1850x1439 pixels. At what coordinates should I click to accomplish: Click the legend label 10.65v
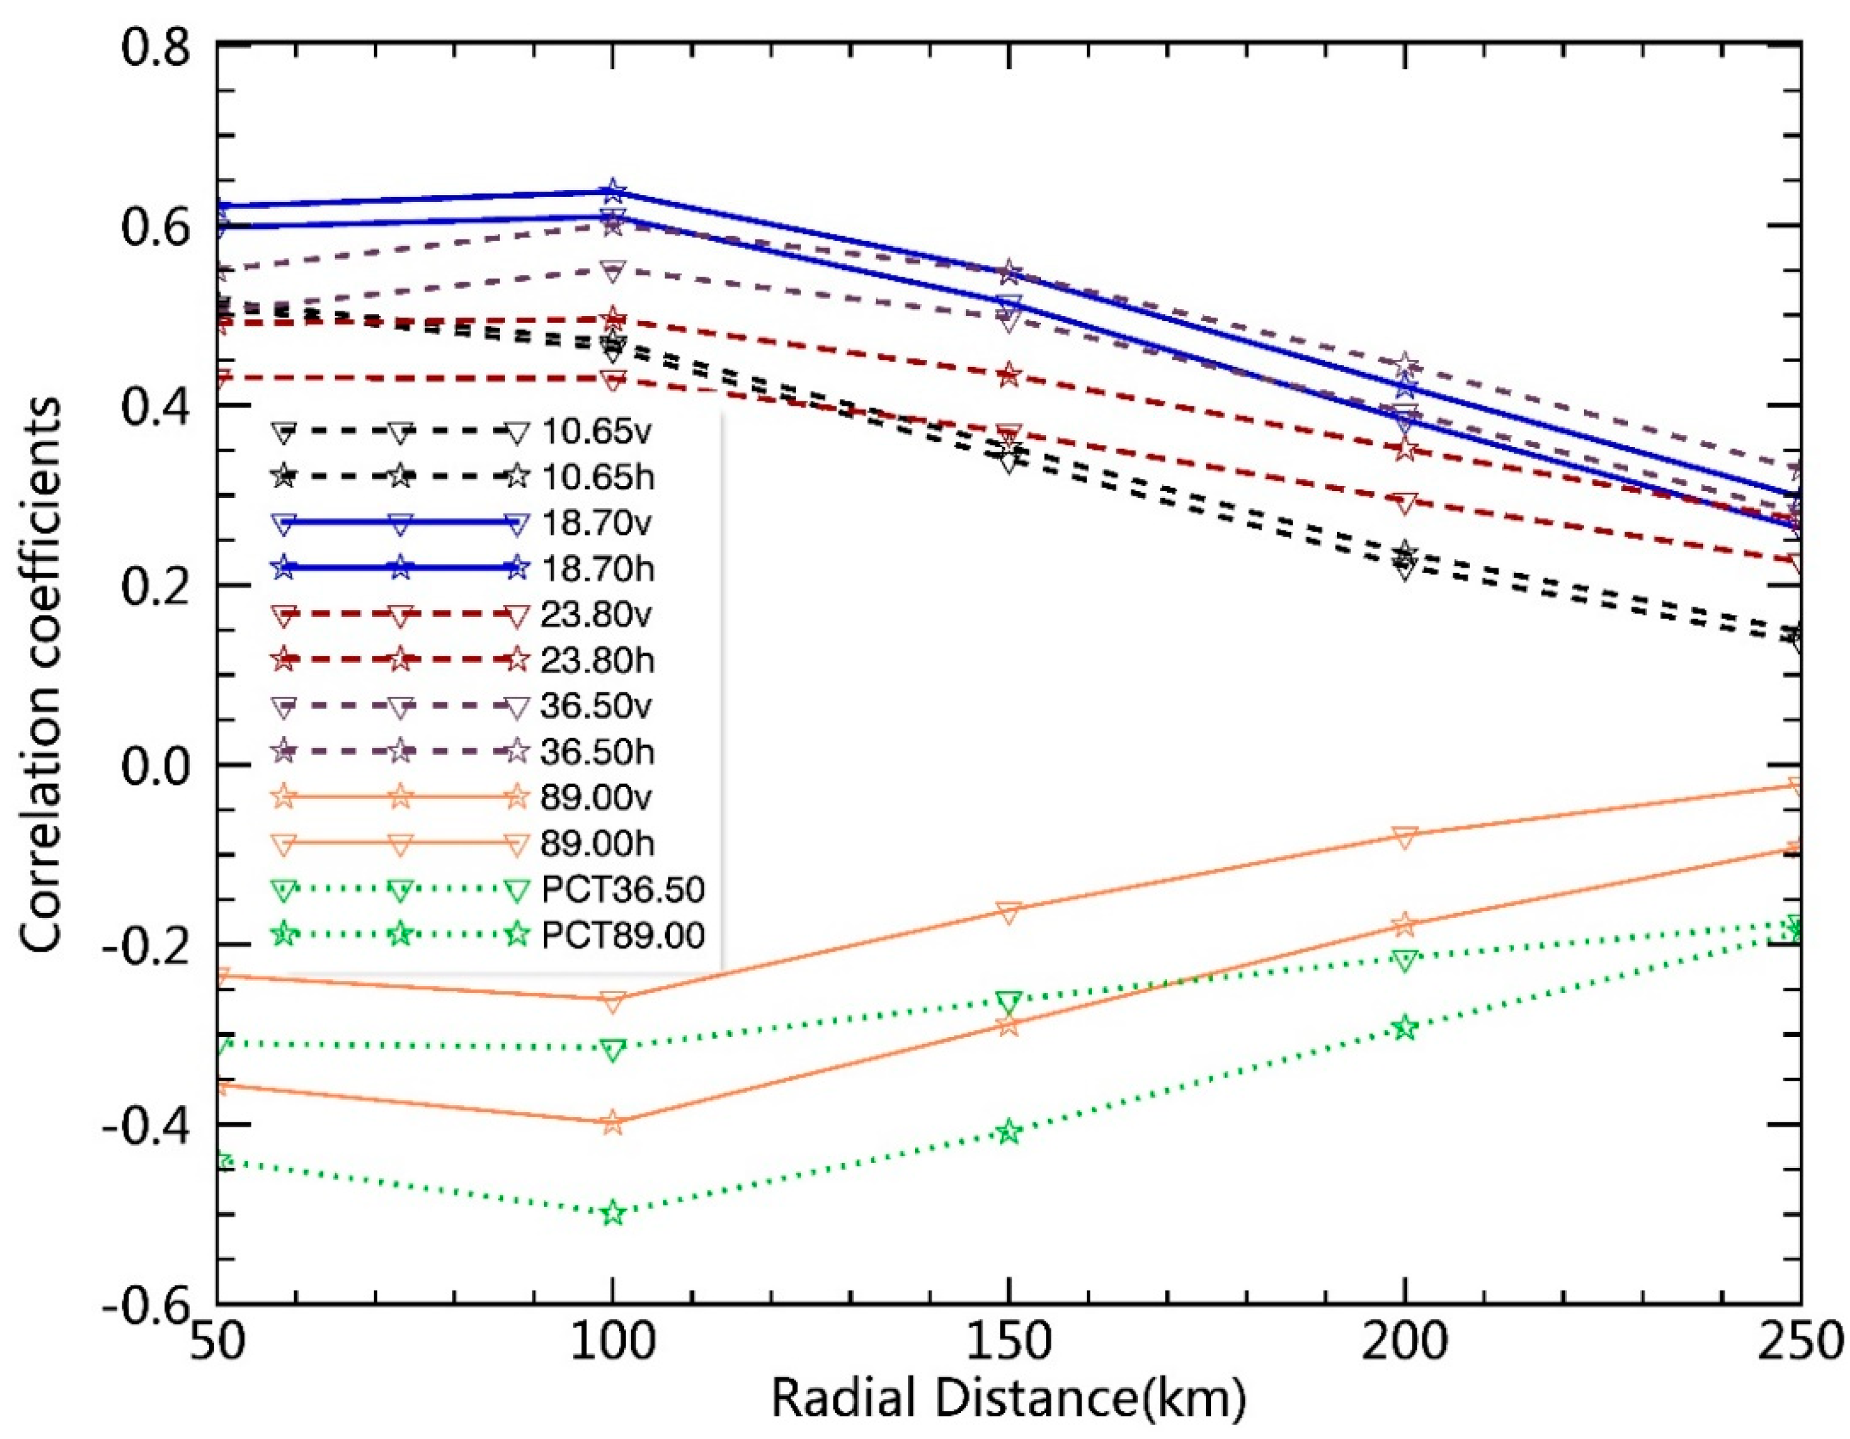(597, 432)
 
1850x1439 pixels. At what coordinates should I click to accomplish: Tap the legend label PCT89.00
(623, 935)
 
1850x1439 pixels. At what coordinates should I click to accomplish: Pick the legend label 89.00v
(597, 798)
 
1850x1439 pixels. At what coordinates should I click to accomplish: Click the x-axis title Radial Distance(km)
(1008, 1399)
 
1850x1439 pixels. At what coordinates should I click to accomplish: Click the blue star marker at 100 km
(613, 191)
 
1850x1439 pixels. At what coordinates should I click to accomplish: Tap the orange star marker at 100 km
(613, 1123)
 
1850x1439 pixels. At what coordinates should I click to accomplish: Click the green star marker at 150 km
(1008, 1132)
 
